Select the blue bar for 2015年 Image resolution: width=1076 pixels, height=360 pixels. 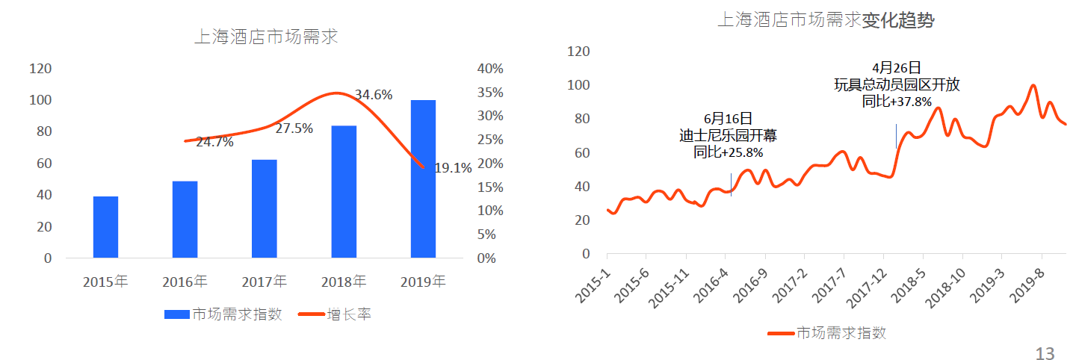(x=105, y=227)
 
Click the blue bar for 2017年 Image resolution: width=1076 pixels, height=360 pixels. (x=265, y=208)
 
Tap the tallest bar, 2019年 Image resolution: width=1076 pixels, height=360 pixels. (x=423, y=179)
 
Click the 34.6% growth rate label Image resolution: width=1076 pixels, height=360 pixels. (x=374, y=95)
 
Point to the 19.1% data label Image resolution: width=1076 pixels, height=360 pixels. (x=453, y=169)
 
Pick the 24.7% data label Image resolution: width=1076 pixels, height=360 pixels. (x=214, y=142)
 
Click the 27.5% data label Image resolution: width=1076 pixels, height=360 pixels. (x=294, y=128)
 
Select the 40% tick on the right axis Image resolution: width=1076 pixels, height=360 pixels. (x=490, y=69)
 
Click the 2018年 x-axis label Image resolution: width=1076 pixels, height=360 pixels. (x=344, y=282)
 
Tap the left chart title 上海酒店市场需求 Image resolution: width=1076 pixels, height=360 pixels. (x=266, y=36)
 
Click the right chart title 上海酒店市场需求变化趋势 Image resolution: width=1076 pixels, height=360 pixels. (x=825, y=20)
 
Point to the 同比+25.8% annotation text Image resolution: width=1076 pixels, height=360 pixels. (x=729, y=152)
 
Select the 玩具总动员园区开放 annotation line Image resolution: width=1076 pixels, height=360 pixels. (x=897, y=85)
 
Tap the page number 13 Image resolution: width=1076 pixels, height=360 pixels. (x=1045, y=353)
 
